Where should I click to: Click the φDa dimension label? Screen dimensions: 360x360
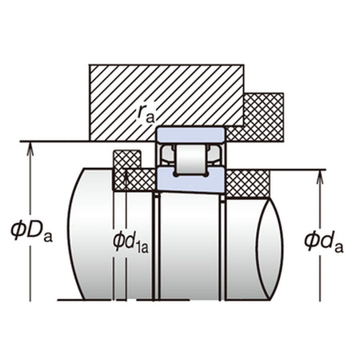pyautogui.click(x=31, y=231)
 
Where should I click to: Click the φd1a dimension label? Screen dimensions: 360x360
pyautogui.click(x=130, y=242)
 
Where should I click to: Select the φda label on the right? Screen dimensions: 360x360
pyautogui.click(x=324, y=242)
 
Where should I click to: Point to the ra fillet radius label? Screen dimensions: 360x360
pyautogui.click(x=146, y=114)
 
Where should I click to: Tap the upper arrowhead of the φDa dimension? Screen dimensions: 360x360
pyautogui.click(x=30, y=147)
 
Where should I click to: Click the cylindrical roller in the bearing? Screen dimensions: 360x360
pyautogui.click(x=191, y=159)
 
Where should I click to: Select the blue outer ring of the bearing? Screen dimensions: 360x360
pyautogui.click(x=191, y=135)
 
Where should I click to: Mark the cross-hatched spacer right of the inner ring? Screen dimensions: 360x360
pyautogui.click(x=247, y=184)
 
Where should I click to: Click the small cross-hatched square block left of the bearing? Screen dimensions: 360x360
pyautogui.click(x=127, y=159)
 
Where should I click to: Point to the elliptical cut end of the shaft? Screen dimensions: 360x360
pyautogui.click(x=270, y=250)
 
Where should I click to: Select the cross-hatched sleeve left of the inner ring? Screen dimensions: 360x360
pyautogui.click(x=134, y=180)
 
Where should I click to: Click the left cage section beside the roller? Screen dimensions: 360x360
pyautogui.click(x=167, y=154)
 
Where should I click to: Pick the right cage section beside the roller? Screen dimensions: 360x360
pyautogui.click(x=214, y=154)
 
